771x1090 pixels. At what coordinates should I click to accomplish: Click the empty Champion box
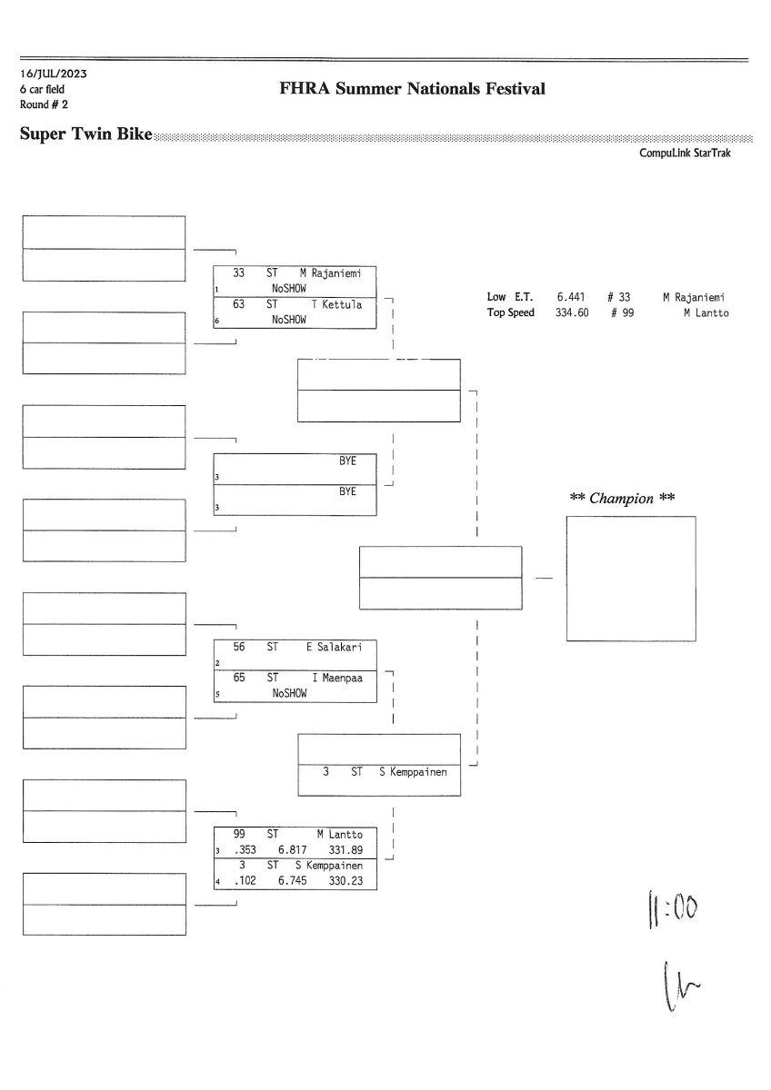[x=630, y=579]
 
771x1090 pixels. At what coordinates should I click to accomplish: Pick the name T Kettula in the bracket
[x=336, y=305]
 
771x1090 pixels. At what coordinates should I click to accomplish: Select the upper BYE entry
[x=347, y=461]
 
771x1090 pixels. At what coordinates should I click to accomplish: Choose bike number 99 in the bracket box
[x=240, y=834]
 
